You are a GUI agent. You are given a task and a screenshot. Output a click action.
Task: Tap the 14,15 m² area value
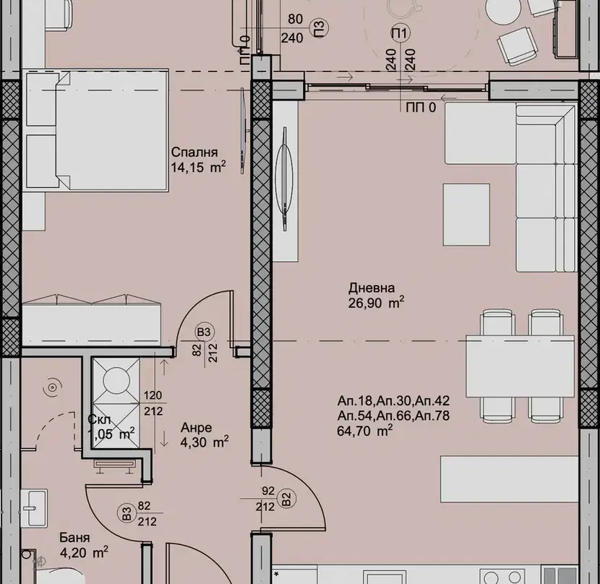[x=198, y=167]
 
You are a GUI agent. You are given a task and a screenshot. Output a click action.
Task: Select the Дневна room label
[x=372, y=288]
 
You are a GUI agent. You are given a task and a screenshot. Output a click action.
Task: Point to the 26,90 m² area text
[x=376, y=303]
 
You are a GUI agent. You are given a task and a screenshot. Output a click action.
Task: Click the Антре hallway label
[x=197, y=427]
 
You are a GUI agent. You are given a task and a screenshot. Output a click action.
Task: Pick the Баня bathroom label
[x=74, y=538]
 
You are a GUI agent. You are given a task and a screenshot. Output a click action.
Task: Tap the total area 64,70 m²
[x=364, y=431]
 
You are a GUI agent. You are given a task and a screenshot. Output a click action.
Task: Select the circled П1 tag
[x=400, y=33]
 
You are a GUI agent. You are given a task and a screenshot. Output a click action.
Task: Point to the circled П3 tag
[x=320, y=27]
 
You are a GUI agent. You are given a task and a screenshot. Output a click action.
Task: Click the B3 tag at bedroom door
[x=205, y=332]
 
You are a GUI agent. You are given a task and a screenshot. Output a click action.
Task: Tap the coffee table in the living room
[x=466, y=215]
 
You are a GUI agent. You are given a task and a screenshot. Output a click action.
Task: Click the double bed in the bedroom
[x=95, y=130]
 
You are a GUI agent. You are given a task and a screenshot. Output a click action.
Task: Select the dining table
[x=520, y=366]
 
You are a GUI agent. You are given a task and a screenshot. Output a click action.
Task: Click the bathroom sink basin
[x=34, y=508]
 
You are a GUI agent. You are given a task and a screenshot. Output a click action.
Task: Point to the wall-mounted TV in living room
[x=285, y=179]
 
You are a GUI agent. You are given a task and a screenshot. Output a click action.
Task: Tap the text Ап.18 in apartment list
[x=355, y=401]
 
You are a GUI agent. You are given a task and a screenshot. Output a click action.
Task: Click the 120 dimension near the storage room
[x=153, y=395]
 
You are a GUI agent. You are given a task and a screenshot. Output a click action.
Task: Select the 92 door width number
[x=268, y=491]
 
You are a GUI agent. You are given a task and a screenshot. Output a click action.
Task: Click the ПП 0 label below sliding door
[x=421, y=108]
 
